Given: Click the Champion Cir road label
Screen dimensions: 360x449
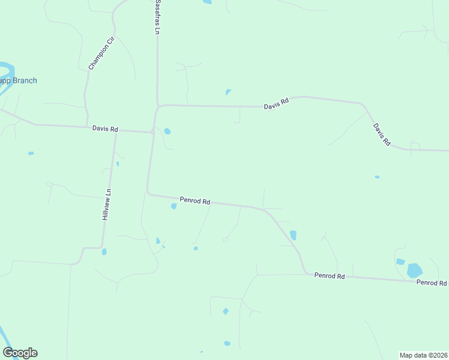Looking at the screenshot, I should coord(101,53).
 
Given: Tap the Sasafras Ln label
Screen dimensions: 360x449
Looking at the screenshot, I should coord(158,17).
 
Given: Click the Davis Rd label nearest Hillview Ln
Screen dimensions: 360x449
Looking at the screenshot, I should coord(105,129).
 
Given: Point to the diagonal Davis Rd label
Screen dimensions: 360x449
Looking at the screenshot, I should coord(382,135).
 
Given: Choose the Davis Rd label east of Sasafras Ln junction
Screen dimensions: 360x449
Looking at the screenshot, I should coord(276,104).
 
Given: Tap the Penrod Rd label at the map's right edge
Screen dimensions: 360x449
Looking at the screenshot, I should coord(432,282).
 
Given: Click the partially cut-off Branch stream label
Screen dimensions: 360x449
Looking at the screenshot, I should coord(18,81).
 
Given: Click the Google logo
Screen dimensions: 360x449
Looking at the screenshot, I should coord(20,353).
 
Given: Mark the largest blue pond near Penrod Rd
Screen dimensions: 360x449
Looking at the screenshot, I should coord(414,270).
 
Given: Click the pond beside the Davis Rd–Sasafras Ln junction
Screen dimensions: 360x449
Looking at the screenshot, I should coord(167,131).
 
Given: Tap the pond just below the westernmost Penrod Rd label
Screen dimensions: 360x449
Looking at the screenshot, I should coord(173,206).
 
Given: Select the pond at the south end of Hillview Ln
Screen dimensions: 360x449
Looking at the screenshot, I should coord(104,252).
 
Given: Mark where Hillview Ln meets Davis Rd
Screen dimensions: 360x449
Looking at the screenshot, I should coord(116,130).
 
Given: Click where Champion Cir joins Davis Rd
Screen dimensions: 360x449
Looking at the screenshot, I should coord(88,127).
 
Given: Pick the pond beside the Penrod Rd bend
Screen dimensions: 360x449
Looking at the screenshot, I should coord(293,235).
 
